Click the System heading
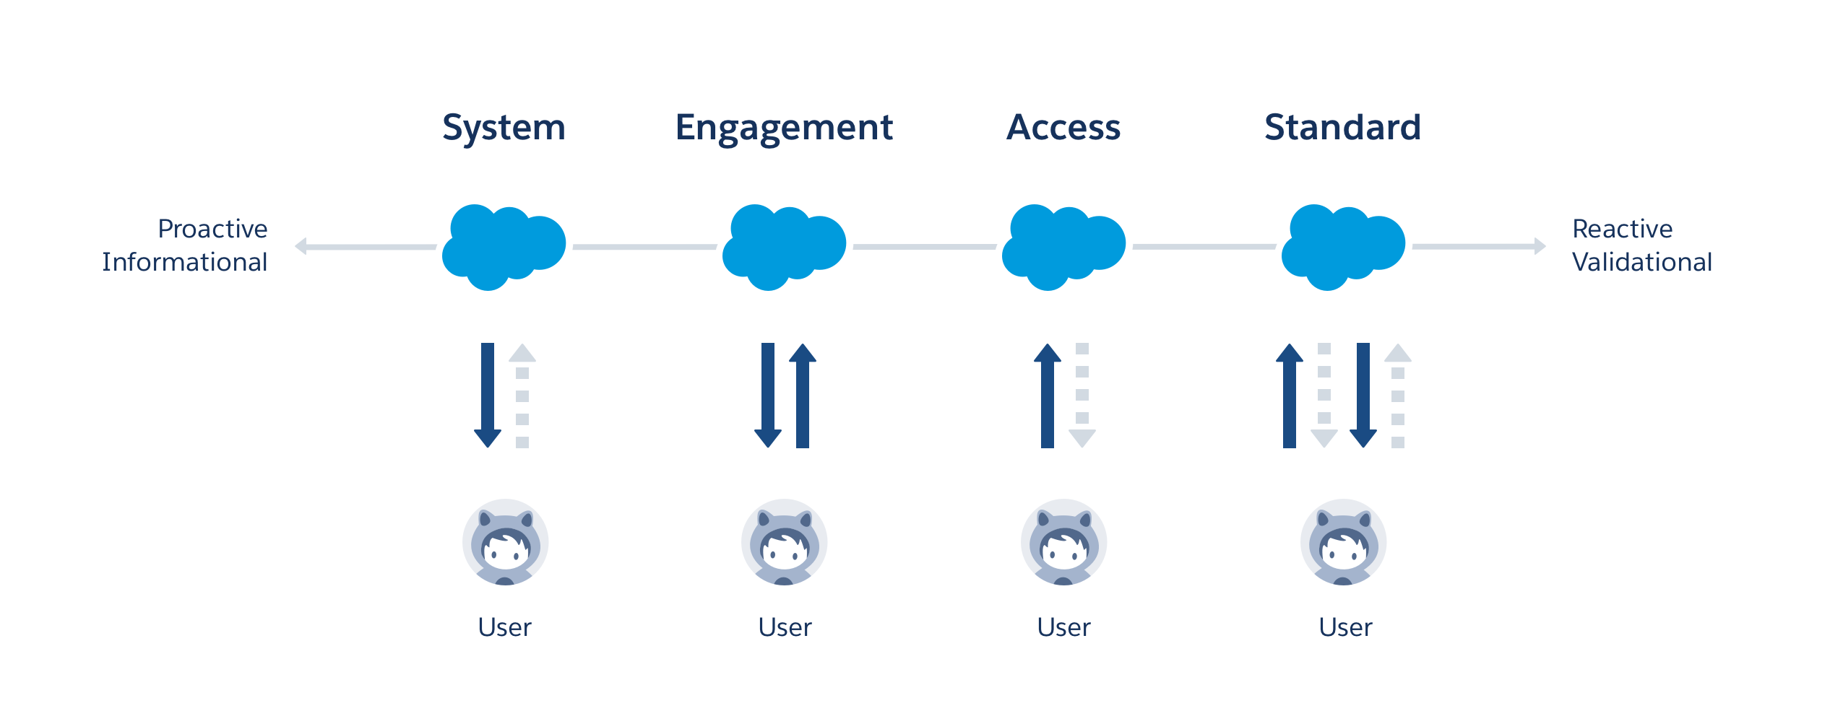point(504,128)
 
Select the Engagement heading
point(784,128)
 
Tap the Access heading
point(1063,128)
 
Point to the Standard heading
point(1342,128)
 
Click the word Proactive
point(212,229)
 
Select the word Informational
point(184,262)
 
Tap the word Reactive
point(1622,229)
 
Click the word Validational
point(1641,262)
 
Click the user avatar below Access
point(1063,542)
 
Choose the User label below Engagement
point(785,627)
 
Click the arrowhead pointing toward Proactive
point(301,246)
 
